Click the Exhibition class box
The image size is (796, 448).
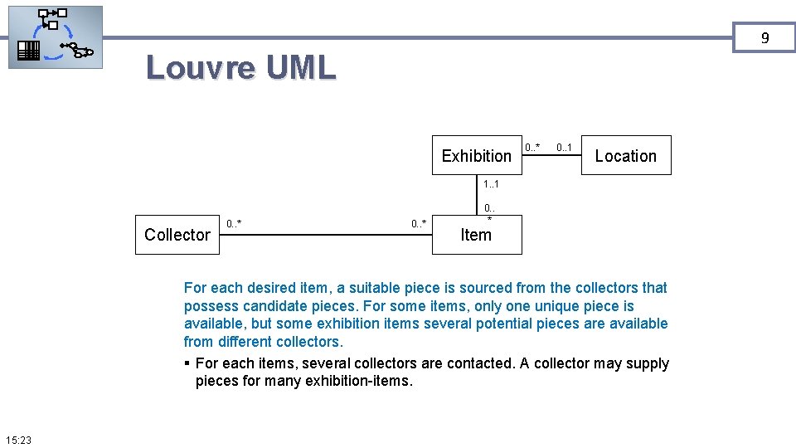coord(476,155)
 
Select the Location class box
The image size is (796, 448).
coord(625,155)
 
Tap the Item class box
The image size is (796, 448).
coord(476,235)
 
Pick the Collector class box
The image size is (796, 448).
coord(177,235)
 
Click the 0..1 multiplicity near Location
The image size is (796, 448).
coord(565,148)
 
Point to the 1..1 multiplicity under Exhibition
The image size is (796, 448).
coord(491,183)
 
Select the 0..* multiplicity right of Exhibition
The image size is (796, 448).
coord(532,148)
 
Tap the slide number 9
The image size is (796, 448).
coord(764,38)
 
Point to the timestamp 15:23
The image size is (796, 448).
coord(17,440)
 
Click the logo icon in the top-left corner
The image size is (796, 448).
coord(56,37)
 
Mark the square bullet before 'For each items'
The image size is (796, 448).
coord(188,363)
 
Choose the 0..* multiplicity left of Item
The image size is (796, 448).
coord(420,223)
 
